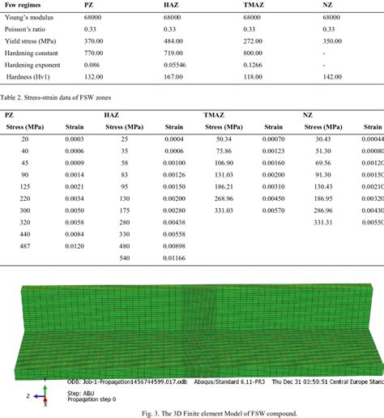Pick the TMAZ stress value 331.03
224,209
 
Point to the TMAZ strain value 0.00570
274,209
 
